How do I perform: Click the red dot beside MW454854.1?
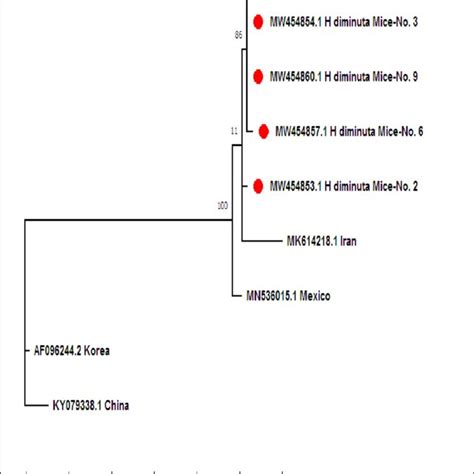[259, 21]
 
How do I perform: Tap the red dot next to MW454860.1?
[259, 76]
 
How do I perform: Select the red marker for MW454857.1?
[264, 131]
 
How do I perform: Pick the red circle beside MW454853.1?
[259, 185]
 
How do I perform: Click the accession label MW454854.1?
[299, 21]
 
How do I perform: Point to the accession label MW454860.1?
[299, 76]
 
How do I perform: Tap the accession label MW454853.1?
[299, 186]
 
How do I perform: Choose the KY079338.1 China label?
[90, 406]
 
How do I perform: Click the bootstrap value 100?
[222, 206]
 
